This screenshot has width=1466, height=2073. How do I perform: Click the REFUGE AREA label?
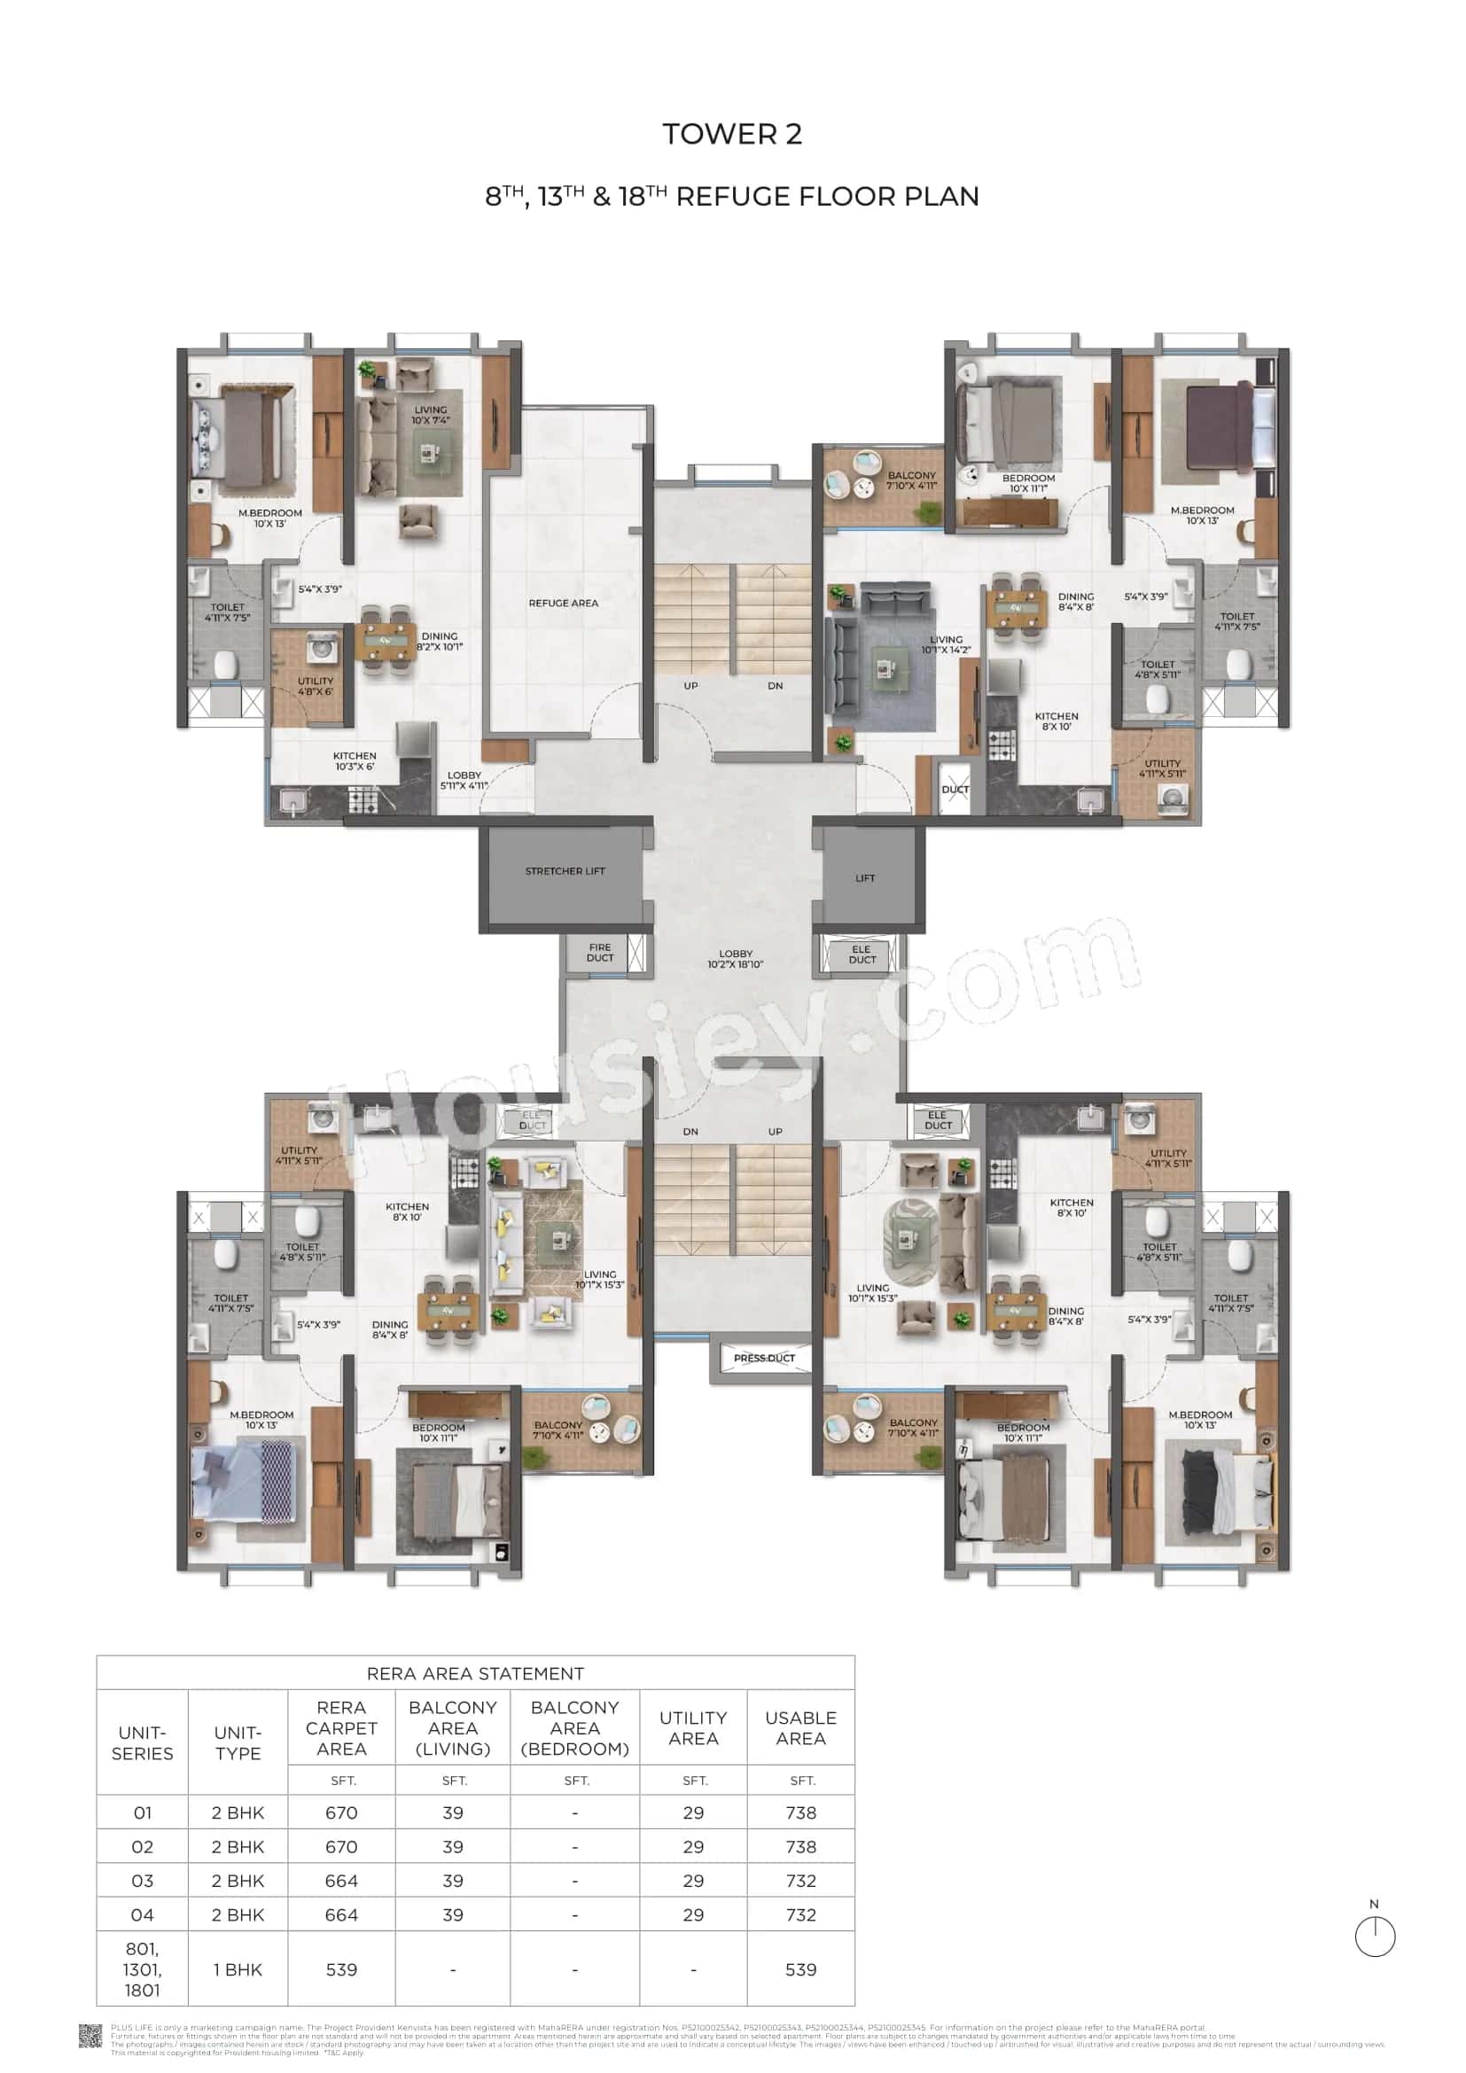[x=564, y=604]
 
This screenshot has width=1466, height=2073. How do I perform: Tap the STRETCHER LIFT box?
[x=565, y=871]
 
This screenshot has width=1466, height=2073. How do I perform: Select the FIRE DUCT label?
[x=599, y=953]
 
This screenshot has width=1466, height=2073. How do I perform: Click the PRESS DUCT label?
[x=764, y=1358]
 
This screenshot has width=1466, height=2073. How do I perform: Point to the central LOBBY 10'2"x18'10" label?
[x=735, y=959]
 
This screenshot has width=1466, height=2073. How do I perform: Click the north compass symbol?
[x=1375, y=1936]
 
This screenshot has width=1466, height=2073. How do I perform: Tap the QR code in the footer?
[x=91, y=2036]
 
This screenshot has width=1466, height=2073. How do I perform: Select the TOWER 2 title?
[x=732, y=135]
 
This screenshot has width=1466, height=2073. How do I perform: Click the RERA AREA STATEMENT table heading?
[x=475, y=1673]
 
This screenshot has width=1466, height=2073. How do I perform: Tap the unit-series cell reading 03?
[x=143, y=1881]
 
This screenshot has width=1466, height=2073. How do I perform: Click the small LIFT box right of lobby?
[x=865, y=877]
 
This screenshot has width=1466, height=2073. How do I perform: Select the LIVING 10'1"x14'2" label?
[x=946, y=644]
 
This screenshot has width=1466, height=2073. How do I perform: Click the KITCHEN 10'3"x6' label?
[x=354, y=761]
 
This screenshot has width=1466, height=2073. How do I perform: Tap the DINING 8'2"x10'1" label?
[x=440, y=641]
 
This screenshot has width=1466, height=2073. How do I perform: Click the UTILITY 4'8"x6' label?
[x=315, y=686]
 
